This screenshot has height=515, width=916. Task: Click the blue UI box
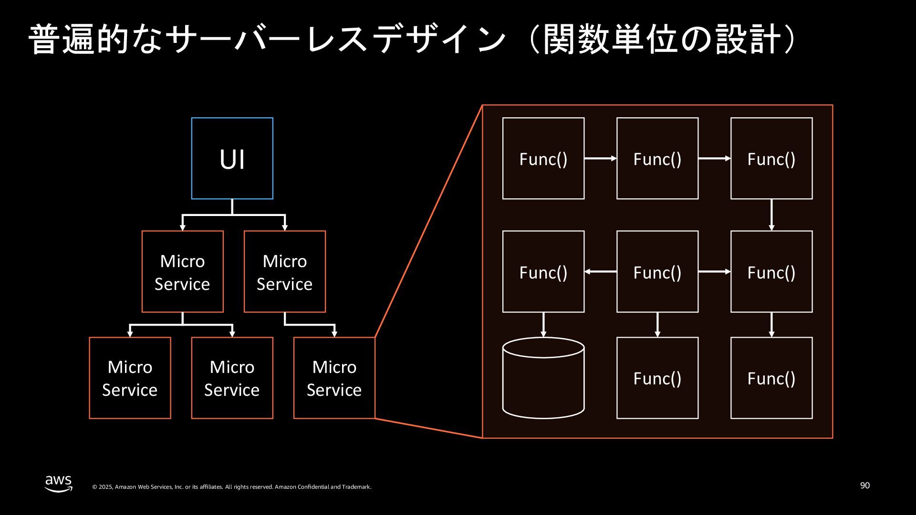[232, 158]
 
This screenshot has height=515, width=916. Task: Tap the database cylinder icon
[543, 378]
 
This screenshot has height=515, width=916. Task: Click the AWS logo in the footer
[59, 483]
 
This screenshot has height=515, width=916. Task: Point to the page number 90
[865, 485]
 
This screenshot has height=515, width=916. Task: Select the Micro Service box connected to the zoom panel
[334, 378]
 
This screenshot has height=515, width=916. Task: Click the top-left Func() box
[543, 158]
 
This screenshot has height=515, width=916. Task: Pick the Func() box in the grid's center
[657, 272]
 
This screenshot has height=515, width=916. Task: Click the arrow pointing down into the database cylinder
[543, 325]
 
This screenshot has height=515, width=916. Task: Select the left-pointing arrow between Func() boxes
[601, 272]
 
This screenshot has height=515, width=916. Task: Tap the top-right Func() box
[771, 158]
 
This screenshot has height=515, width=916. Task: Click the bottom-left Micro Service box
[130, 378]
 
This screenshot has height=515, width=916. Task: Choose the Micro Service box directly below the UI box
[232, 378]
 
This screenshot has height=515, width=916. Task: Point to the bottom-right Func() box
[771, 378]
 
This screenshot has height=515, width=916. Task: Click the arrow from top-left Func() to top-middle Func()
[601, 158]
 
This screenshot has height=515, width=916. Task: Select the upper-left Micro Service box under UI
[183, 272]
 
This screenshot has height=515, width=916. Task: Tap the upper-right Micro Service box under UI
[285, 272]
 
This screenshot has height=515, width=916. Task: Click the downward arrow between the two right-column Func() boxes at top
[771, 215]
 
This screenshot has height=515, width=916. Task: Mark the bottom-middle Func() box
[657, 378]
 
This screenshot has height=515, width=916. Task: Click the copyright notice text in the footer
[232, 487]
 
